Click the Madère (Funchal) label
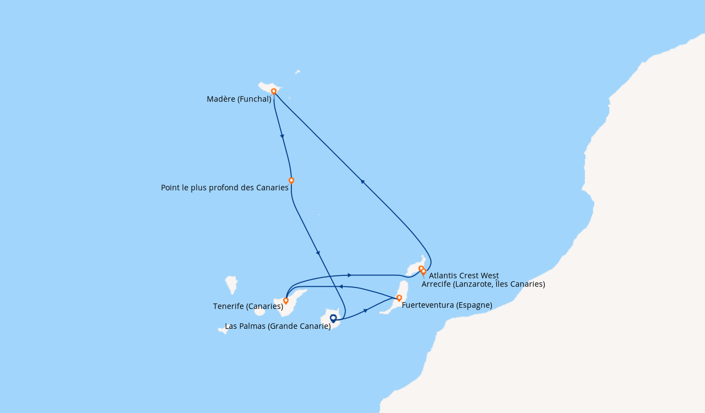tap(239, 99)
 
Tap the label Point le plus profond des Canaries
tap(225, 188)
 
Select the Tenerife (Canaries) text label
tap(248, 306)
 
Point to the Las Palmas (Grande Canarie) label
tap(278, 326)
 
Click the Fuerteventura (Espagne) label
tap(447, 305)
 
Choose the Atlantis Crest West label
tap(464, 275)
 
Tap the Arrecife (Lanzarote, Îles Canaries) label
tap(484, 284)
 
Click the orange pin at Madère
tap(274, 91)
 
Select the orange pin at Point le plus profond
tap(291, 181)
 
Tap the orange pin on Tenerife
tap(286, 301)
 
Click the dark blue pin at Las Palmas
tap(333, 319)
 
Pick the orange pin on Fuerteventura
tap(399, 298)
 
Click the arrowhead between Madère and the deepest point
tap(283, 137)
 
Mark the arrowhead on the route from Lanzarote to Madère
tap(362, 182)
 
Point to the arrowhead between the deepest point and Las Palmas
tap(318, 253)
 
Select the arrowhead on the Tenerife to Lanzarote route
tap(349, 275)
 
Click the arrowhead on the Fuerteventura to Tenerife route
tap(340, 287)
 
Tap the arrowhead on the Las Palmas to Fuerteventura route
tap(365, 311)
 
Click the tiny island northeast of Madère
tap(297, 72)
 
